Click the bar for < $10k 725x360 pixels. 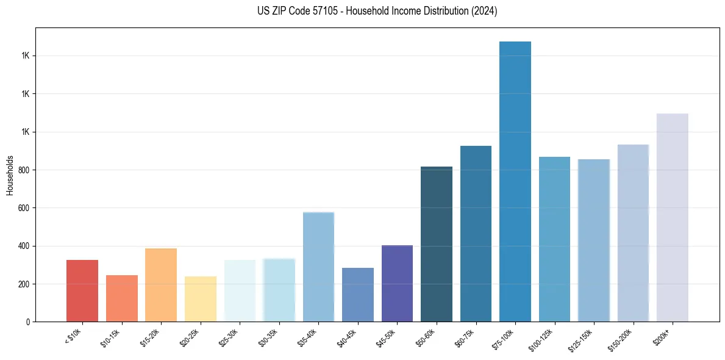pos(82,290)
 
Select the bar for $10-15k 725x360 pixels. pos(122,298)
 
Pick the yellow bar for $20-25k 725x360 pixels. pos(201,299)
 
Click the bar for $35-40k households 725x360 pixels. pos(318,267)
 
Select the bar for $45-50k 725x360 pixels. pos(397,283)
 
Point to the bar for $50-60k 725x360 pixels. pos(437,244)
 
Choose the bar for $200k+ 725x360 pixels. pos(673,217)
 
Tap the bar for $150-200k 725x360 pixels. pos(633,233)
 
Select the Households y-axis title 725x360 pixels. pos(10,175)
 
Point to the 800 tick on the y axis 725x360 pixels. pos(24,170)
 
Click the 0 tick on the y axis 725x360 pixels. pos(27,322)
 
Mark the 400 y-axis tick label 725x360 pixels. pos(24,246)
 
